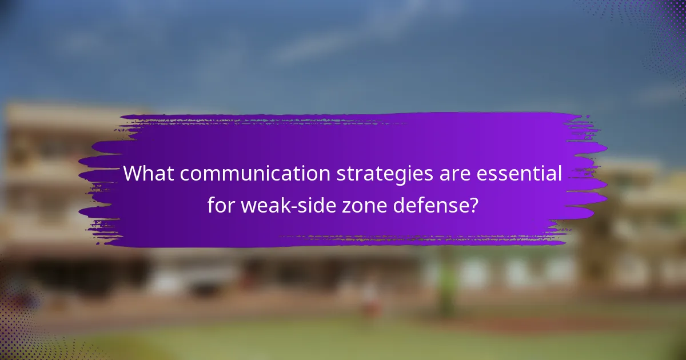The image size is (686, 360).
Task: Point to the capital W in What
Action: click(x=134, y=173)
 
